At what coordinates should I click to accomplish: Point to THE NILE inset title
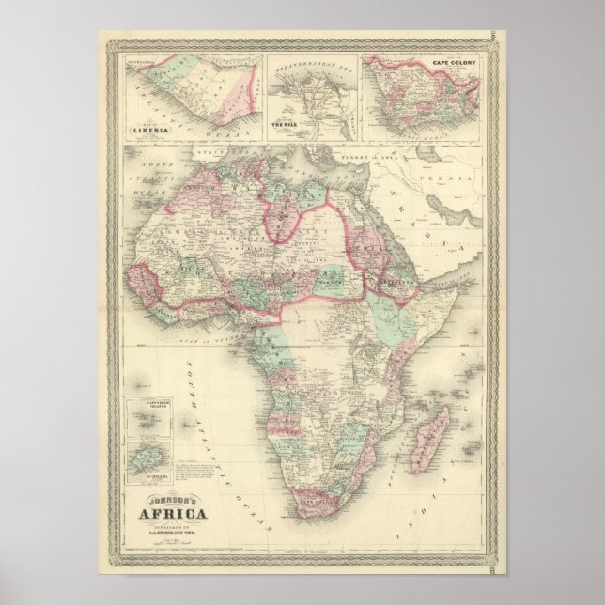click(285, 123)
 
